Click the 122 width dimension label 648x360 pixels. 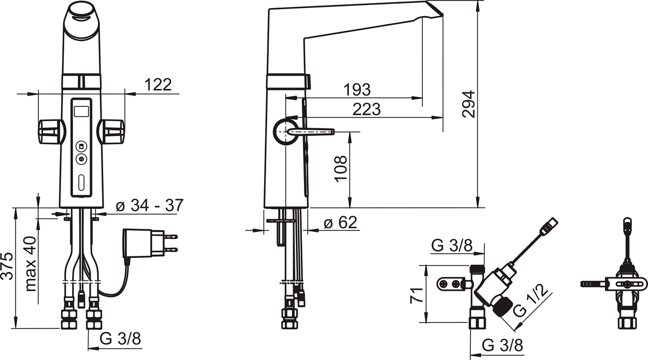click(158, 85)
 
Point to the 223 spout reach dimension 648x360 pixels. click(366, 109)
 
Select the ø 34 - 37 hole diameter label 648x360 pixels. click(150, 206)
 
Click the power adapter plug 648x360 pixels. click(148, 242)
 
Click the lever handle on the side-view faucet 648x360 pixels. click(310, 131)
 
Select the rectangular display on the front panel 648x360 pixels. click(82, 112)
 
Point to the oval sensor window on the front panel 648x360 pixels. click(81, 184)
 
